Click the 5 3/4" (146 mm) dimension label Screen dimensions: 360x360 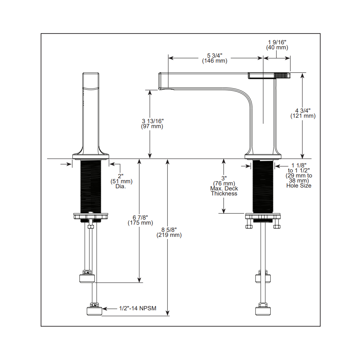pyautogui.click(x=215, y=58)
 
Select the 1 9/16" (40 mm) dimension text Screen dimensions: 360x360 pyautogui.click(x=277, y=45)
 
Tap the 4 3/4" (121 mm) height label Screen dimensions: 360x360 pyautogui.click(x=303, y=113)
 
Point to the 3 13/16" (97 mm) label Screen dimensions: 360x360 pyautogui.click(x=152, y=123)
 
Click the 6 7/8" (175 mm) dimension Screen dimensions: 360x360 pyautogui.click(x=140, y=220)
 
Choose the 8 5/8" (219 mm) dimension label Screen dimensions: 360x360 pyautogui.click(x=169, y=232)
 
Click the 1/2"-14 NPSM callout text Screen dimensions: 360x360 pyautogui.click(x=138, y=309)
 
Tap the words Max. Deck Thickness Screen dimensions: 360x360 pyautogui.click(x=224, y=191)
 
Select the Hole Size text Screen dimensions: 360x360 pyautogui.click(x=299, y=186)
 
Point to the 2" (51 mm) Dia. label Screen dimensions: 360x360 pyautogui.click(x=121, y=181)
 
